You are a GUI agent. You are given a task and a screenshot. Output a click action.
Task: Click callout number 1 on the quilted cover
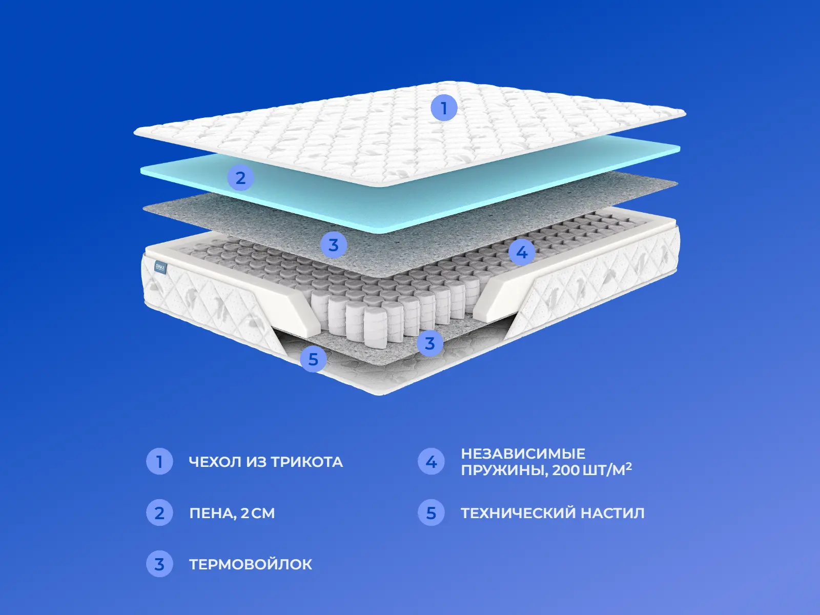click(444, 108)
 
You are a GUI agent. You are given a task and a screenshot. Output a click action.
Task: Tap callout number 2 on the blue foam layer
click(240, 177)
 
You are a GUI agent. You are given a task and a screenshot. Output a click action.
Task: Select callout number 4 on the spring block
click(522, 253)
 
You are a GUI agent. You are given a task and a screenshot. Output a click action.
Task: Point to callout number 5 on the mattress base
click(313, 359)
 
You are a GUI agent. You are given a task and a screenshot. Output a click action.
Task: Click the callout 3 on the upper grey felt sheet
click(333, 245)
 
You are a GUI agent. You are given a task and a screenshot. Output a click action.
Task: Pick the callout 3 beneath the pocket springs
click(429, 343)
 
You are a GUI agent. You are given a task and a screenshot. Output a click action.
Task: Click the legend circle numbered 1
click(159, 462)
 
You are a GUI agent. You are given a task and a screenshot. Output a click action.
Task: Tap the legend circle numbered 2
click(159, 512)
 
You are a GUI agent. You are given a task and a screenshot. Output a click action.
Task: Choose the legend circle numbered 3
click(159, 564)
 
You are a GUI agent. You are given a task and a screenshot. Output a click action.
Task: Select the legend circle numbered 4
click(431, 462)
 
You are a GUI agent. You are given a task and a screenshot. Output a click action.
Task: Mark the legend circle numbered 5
click(431, 512)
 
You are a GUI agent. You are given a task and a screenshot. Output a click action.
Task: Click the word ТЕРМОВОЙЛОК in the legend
click(251, 564)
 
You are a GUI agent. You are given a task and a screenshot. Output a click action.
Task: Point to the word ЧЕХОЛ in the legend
click(214, 462)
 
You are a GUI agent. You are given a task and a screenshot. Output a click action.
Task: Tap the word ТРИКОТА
click(306, 462)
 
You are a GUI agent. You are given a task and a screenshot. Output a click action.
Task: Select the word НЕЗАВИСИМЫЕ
click(523, 454)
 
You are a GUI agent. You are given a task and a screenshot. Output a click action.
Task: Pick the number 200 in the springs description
click(565, 470)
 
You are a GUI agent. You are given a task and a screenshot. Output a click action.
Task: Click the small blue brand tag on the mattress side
click(160, 268)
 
